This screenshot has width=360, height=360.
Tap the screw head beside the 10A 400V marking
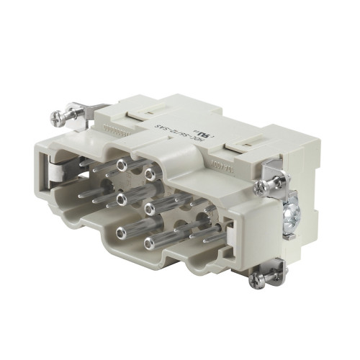(267, 186)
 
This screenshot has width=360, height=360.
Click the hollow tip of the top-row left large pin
(120, 167)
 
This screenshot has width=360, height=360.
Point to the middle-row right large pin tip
(149, 208)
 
